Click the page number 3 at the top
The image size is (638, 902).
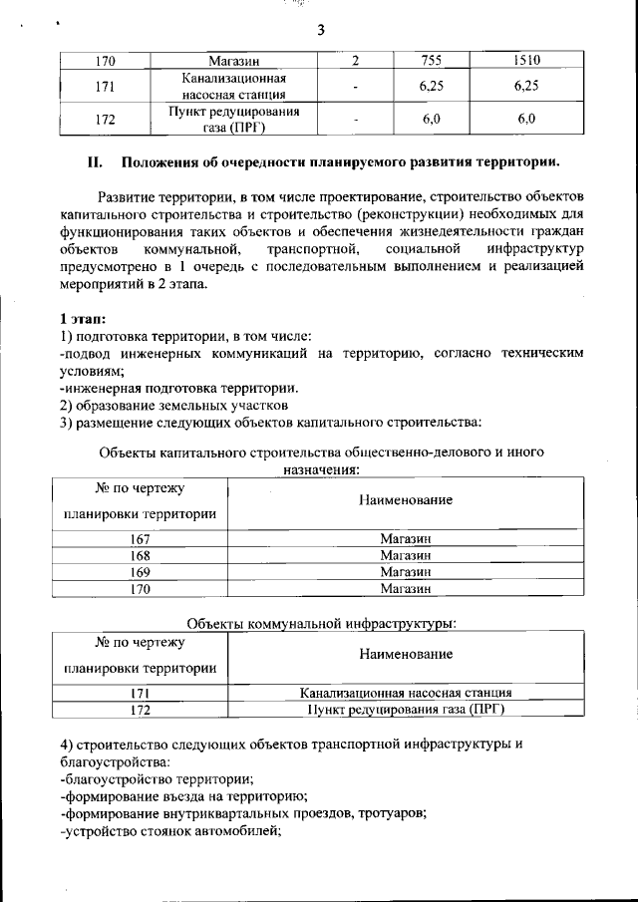(x=321, y=30)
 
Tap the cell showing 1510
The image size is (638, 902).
(x=526, y=62)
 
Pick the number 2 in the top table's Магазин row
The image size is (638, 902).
(x=355, y=62)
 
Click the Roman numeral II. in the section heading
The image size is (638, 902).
(x=97, y=162)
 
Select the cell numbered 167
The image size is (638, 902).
(x=141, y=539)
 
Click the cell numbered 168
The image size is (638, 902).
(x=141, y=555)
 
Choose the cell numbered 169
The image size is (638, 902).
(x=141, y=572)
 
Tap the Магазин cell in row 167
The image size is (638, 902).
(x=405, y=539)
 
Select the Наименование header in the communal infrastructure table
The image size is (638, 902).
(x=405, y=654)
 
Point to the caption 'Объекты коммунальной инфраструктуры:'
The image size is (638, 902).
(x=322, y=623)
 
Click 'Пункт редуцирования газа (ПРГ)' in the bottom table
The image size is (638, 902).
(x=405, y=710)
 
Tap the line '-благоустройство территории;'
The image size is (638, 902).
(x=157, y=777)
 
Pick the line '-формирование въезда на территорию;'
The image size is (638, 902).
(x=182, y=795)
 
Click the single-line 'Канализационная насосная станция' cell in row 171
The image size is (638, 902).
(x=405, y=693)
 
